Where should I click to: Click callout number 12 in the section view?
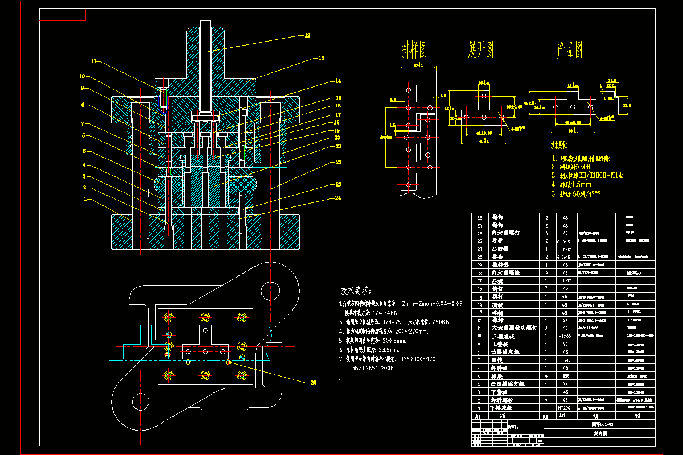tap(307, 35)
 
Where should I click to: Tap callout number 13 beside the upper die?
tap(321, 58)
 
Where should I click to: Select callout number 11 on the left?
tap(94, 61)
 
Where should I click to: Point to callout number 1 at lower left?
tap(85, 200)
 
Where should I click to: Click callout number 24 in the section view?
tap(338, 198)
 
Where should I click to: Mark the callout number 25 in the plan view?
tap(312, 383)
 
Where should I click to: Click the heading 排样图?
tap(415, 51)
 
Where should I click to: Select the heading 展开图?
tap(480, 51)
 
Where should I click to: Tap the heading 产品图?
tap(569, 51)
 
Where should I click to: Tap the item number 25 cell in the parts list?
tap(479, 217)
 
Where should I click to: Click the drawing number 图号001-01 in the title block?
tap(602, 424)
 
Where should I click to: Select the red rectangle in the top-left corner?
tap(63, 15)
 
